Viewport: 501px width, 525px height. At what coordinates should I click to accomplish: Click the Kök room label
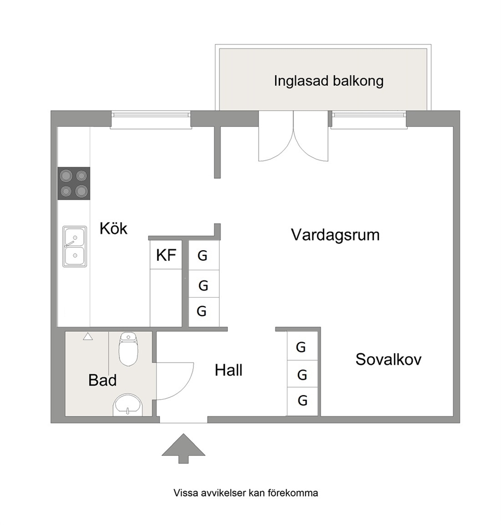click(x=114, y=228)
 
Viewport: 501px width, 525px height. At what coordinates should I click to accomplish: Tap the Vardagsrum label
click(x=335, y=235)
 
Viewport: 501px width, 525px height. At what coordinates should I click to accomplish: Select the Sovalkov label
click(x=388, y=359)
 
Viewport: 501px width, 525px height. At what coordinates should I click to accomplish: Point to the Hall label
click(x=229, y=370)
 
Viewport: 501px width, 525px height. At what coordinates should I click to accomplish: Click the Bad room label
click(x=103, y=380)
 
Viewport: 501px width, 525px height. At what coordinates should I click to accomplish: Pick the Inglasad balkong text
click(x=329, y=81)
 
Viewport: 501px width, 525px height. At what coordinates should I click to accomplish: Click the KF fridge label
click(x=166, y=255)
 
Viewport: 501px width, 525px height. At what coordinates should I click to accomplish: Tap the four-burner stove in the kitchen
click(x=74, y=183)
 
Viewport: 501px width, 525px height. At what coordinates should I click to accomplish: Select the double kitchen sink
click(x=75, y=247)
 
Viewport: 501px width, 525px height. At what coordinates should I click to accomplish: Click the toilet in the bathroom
click(x=128, y=349)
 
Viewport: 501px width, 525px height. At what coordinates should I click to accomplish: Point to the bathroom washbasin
click(x=128, y=404)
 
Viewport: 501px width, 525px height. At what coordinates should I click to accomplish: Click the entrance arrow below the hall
click(x=183, y=448)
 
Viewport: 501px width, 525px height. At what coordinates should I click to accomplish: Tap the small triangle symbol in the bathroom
click(x=88, y=336)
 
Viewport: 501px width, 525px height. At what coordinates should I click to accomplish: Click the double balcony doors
click(x=293, y=136)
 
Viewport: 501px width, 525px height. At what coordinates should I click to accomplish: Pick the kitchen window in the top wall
click(x=151, y=120)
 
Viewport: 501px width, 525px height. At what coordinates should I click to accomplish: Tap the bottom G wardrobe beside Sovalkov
click(x=302, y=401)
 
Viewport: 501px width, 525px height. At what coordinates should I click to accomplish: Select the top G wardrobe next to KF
click(x=204, y=256)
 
